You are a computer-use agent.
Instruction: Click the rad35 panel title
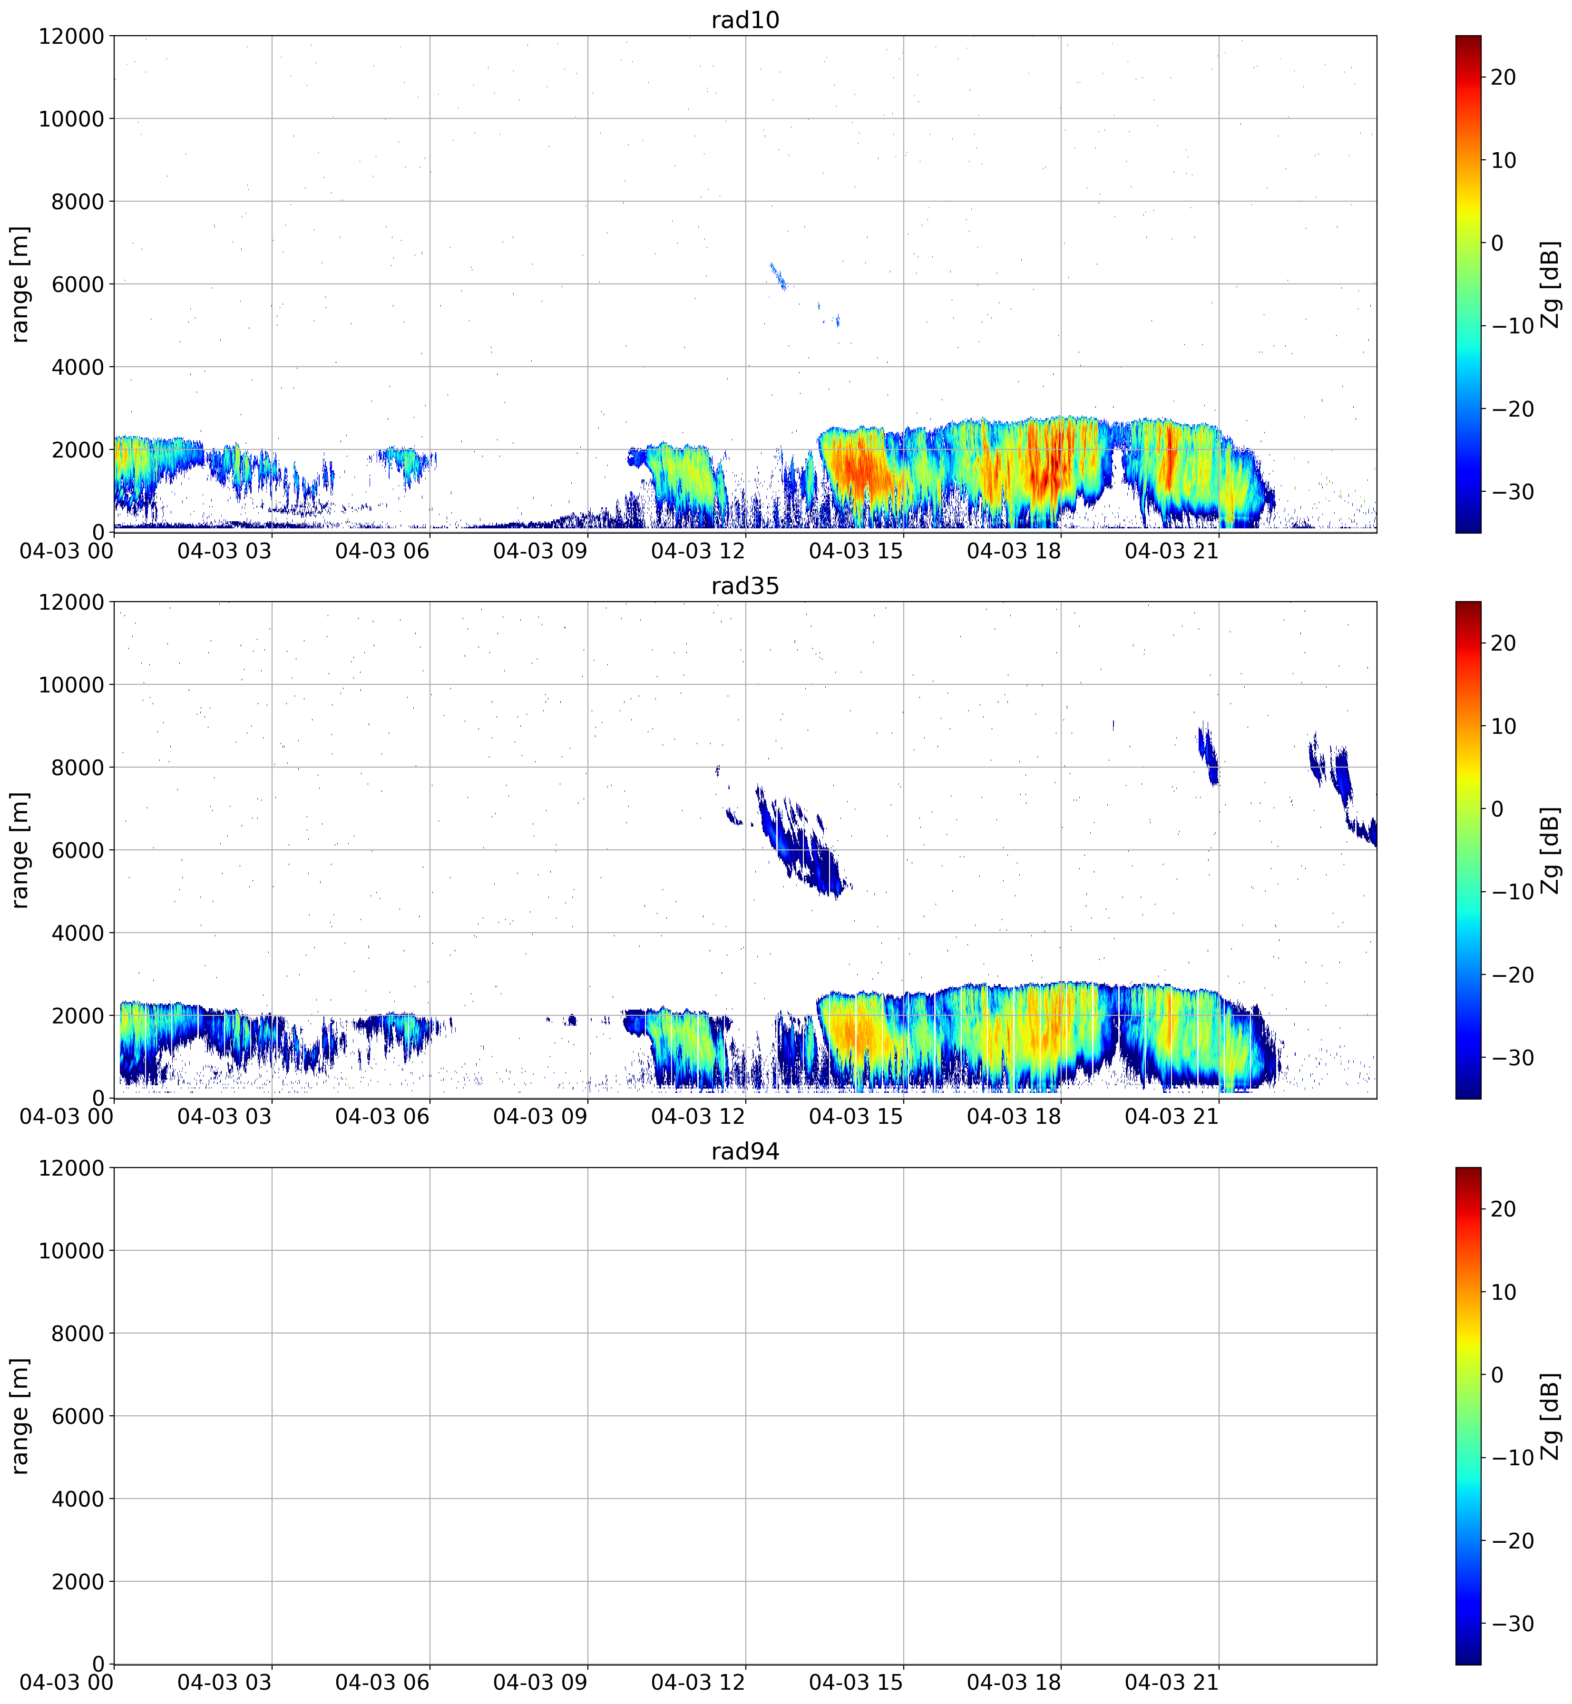click(x=745, y=585)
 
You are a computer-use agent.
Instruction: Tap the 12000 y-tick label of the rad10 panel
click(x=71, y=37)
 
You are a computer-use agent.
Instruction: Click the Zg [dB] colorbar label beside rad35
click(x=1551, y=850)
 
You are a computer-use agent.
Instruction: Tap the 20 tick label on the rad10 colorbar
click(x=1503, y=78)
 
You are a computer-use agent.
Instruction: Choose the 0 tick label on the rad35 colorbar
click(x=1497, y=809)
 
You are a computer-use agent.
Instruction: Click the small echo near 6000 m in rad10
click(x=778, y=276)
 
